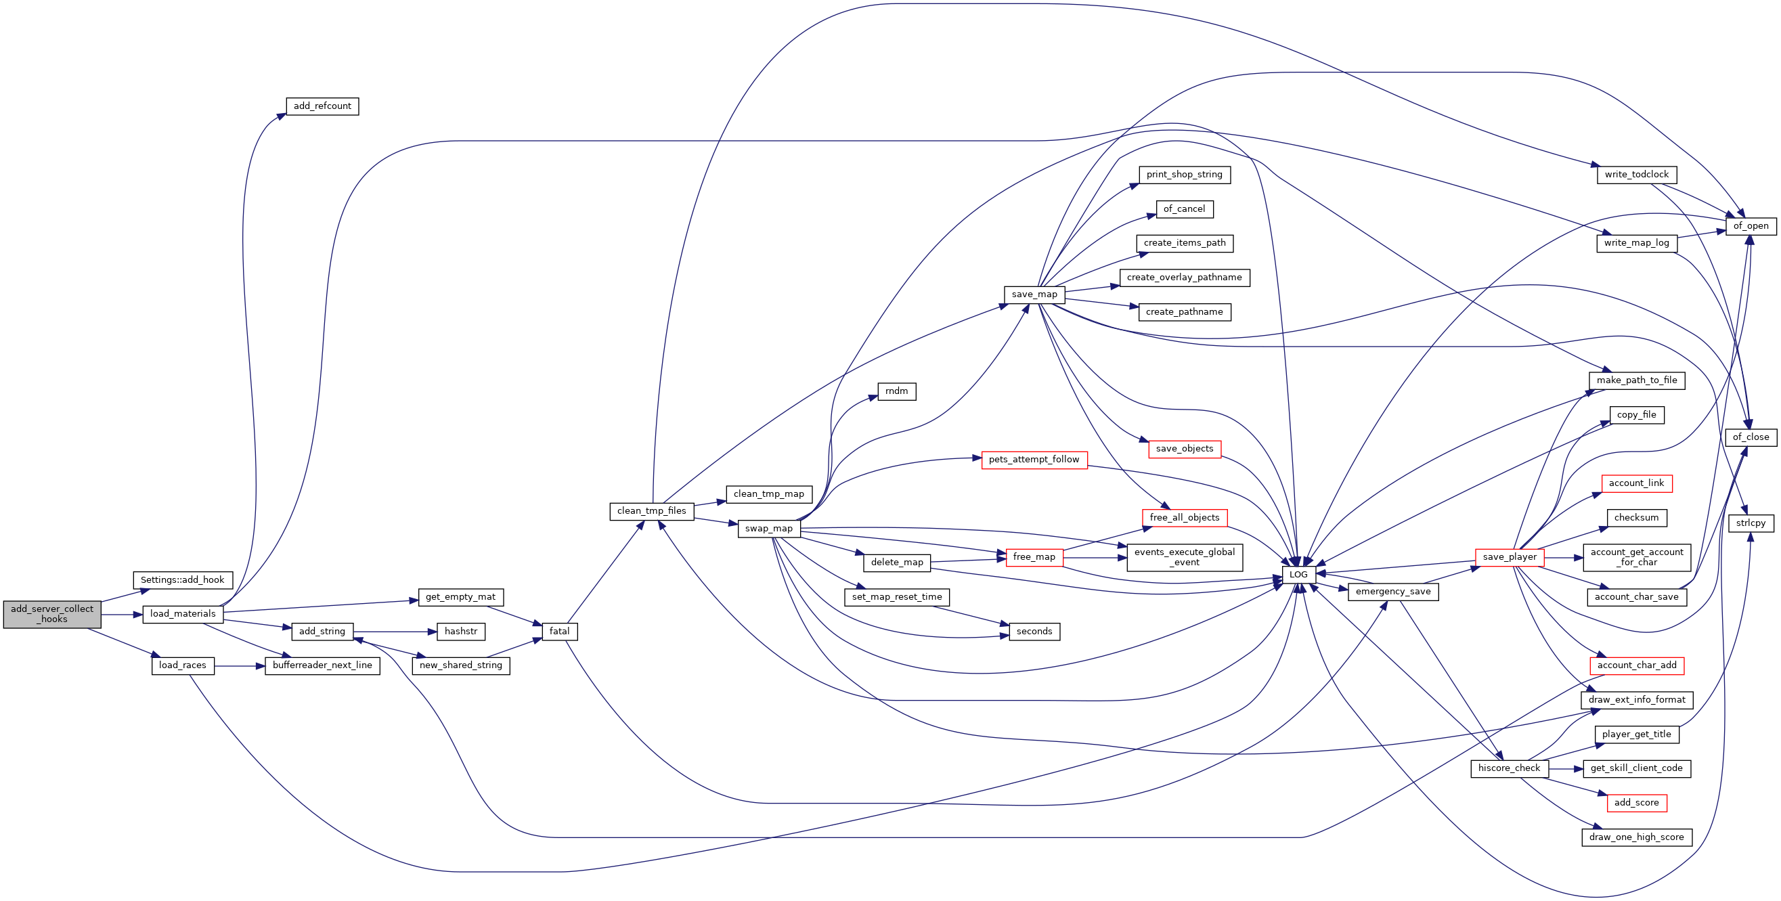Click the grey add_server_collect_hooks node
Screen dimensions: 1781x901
pos(52,614)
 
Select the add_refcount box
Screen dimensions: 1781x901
pos(322,106)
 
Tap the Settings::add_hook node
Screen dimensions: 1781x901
pos(183,580)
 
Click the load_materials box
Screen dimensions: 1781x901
pos(183,614)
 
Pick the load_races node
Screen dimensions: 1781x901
pos(183,665)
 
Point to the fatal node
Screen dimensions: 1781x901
pos(559,632)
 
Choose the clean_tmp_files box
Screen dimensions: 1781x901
pos(651,511)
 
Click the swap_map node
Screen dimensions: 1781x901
pos(769,528)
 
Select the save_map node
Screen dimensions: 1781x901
pos(1034,294)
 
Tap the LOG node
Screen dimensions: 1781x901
pos(1298,575)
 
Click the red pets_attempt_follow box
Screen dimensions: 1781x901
pos(1034,460)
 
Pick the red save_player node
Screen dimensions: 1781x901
pos(1510,557)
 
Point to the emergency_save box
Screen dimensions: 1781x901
pos(1393,592)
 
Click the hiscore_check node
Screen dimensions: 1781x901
pos(1510,768)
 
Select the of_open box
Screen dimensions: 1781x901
pos(1751,226)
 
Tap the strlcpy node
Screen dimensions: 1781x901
pos(1751,523)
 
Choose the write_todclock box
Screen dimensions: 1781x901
pos(1637,174)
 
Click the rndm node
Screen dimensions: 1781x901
pos(897,391)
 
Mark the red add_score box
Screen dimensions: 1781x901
pos(1637,803)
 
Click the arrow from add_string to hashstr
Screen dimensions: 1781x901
pos(395,632)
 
